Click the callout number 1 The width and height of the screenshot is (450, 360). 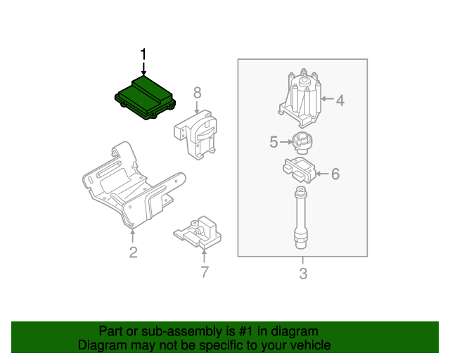coord(143,54)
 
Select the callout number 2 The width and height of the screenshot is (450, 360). coord(133,252)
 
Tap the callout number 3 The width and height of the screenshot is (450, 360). coord(303,274)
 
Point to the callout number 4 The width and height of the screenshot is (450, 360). coord(340,101)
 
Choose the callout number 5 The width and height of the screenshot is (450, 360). coord(274,143)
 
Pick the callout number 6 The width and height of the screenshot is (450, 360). coord(335,174)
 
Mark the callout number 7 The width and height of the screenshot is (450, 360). coord(205,272)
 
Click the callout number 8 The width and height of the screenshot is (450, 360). coord(198,92)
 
